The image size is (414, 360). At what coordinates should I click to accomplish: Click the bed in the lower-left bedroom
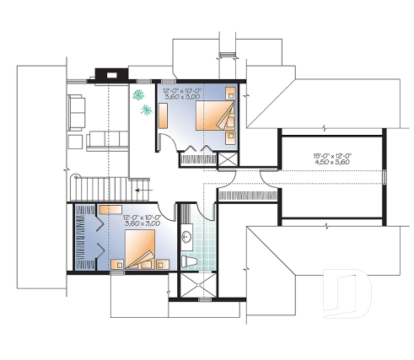point(140,250)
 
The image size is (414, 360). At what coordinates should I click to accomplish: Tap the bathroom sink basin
point(188,239)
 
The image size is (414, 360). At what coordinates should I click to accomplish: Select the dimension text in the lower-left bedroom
point(141,222)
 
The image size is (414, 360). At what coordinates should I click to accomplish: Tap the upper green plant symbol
point(138,95)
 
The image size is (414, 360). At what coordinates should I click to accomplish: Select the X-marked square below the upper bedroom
point(228,159)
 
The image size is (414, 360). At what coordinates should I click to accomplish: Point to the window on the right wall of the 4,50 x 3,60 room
point(384,178)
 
